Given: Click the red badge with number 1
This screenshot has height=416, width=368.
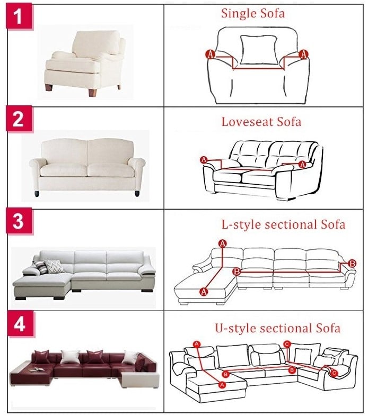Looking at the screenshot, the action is (19, 16).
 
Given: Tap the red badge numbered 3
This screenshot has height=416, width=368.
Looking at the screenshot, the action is (19, 221).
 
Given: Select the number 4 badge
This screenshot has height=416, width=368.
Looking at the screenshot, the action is (20, 324).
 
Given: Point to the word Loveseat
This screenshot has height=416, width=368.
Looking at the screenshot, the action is (247, 122).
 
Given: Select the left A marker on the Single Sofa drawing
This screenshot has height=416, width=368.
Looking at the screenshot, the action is (211, 55).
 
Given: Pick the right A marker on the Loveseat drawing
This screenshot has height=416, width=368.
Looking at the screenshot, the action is (302, 165).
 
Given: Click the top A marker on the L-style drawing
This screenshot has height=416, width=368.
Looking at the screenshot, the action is (223, 243).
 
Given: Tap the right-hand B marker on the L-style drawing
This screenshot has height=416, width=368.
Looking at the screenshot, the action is (352, 264).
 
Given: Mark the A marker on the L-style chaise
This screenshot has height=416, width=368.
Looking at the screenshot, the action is (204, 292).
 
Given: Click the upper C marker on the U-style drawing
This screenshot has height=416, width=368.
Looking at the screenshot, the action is (287, 345).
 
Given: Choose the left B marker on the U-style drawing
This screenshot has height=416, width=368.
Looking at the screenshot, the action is (225, 374).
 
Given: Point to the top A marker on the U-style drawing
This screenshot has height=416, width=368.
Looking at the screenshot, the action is (197, 344).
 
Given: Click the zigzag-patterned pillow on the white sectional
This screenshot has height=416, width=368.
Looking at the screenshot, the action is (54, 266).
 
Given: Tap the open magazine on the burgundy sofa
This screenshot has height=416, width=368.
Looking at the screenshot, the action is (38, 369).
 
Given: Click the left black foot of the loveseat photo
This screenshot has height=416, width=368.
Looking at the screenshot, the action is (37, 194).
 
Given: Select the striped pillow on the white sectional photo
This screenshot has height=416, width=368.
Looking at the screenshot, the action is (40, 267).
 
